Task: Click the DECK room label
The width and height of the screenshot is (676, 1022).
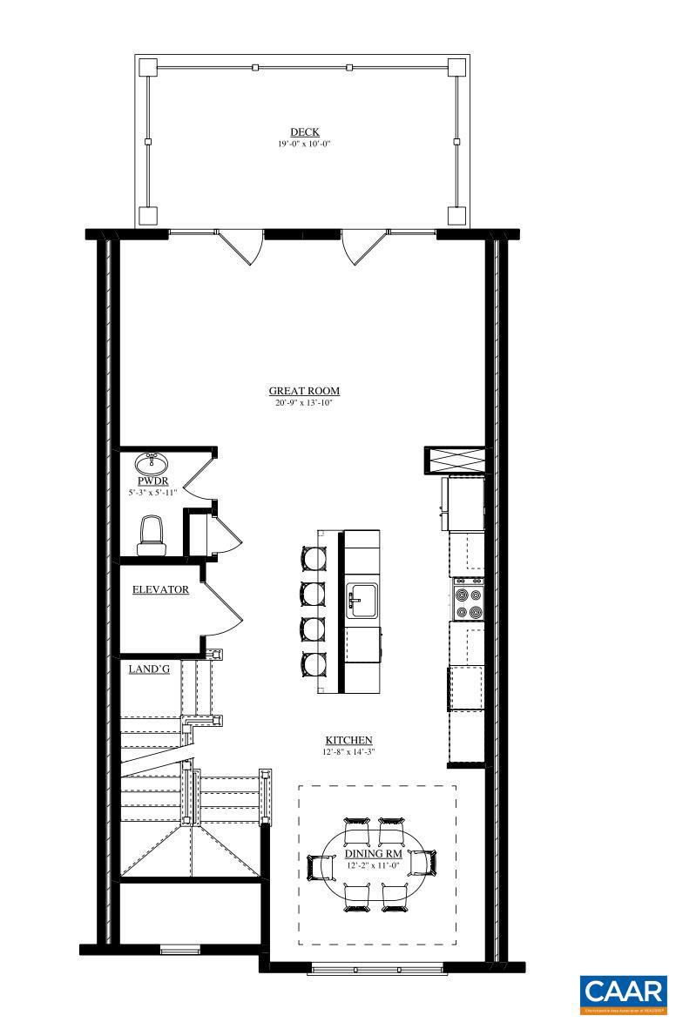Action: tap(304, 132)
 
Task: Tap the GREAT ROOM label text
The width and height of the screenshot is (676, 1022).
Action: tap(304, 392)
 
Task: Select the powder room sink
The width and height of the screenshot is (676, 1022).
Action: tap(152, 461)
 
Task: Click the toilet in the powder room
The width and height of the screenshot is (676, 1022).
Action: tap(152, 532)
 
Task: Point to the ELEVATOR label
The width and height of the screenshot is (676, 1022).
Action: tap(160, 589)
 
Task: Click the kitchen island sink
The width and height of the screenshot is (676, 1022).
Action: tap(361, 600)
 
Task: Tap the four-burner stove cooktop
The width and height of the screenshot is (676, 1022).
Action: tap(469, 599)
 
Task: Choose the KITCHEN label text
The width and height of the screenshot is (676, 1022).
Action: tap(348, 740)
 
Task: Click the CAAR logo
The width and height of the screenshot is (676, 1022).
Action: tap(623, 994)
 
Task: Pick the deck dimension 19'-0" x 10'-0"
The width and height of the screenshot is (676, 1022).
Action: tap(304, 144)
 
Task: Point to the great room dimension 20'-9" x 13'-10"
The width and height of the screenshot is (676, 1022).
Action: tap(304, 403)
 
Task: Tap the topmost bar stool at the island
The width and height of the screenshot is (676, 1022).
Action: tap(312, 557)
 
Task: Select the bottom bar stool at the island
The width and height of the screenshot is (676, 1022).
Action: tap(312, 664)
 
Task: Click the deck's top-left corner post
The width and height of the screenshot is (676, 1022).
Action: tap(147, 67)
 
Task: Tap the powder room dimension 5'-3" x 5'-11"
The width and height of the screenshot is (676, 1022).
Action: tap(152, 493)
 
